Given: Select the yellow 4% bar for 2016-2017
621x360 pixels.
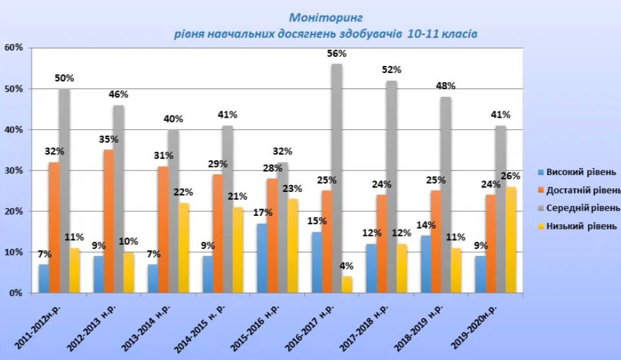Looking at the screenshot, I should pos(348,284).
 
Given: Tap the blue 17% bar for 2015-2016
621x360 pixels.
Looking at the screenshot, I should pos(262,258).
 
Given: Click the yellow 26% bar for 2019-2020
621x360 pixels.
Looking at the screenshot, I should pos(511,239).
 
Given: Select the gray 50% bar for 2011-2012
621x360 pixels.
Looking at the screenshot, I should pos(64,191).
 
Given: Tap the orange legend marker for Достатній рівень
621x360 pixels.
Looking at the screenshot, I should pos(540,190).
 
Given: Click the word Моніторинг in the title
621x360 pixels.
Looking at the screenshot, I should pos(324,17).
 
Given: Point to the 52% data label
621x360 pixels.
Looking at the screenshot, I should pos(392,69).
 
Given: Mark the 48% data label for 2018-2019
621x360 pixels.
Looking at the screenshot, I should pos(446,85).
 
